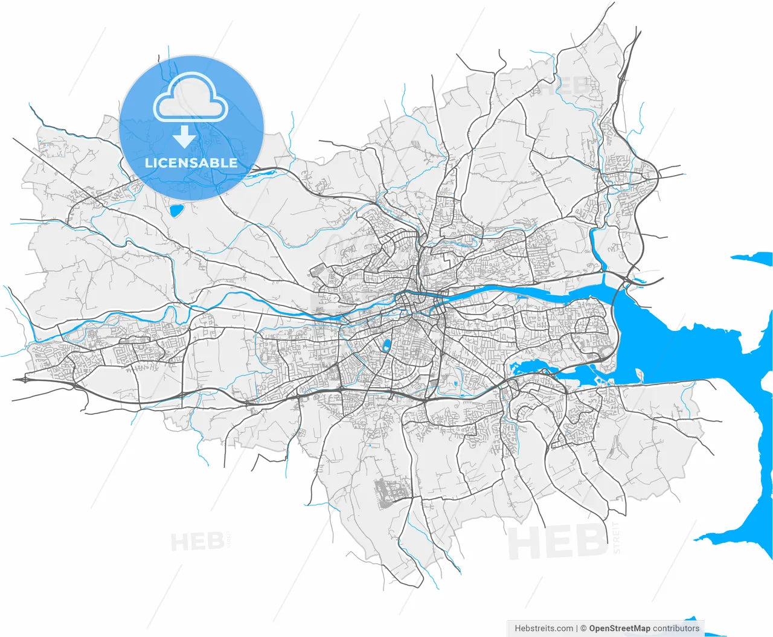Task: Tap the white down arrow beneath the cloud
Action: coord(184,138)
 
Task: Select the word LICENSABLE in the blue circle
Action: coord(191,162)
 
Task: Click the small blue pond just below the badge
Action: coord(176,211)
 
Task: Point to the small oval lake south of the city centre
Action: coord(385,346)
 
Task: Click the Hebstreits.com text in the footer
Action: coord(544,629)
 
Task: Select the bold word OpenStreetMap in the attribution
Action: coord(620,629)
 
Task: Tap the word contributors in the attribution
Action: coord(676,629)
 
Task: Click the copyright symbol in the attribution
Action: coord(583,629)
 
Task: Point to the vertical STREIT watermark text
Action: coord(617,537)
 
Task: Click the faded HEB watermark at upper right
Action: coord(565,85)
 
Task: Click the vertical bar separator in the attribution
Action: coord(577,629)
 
